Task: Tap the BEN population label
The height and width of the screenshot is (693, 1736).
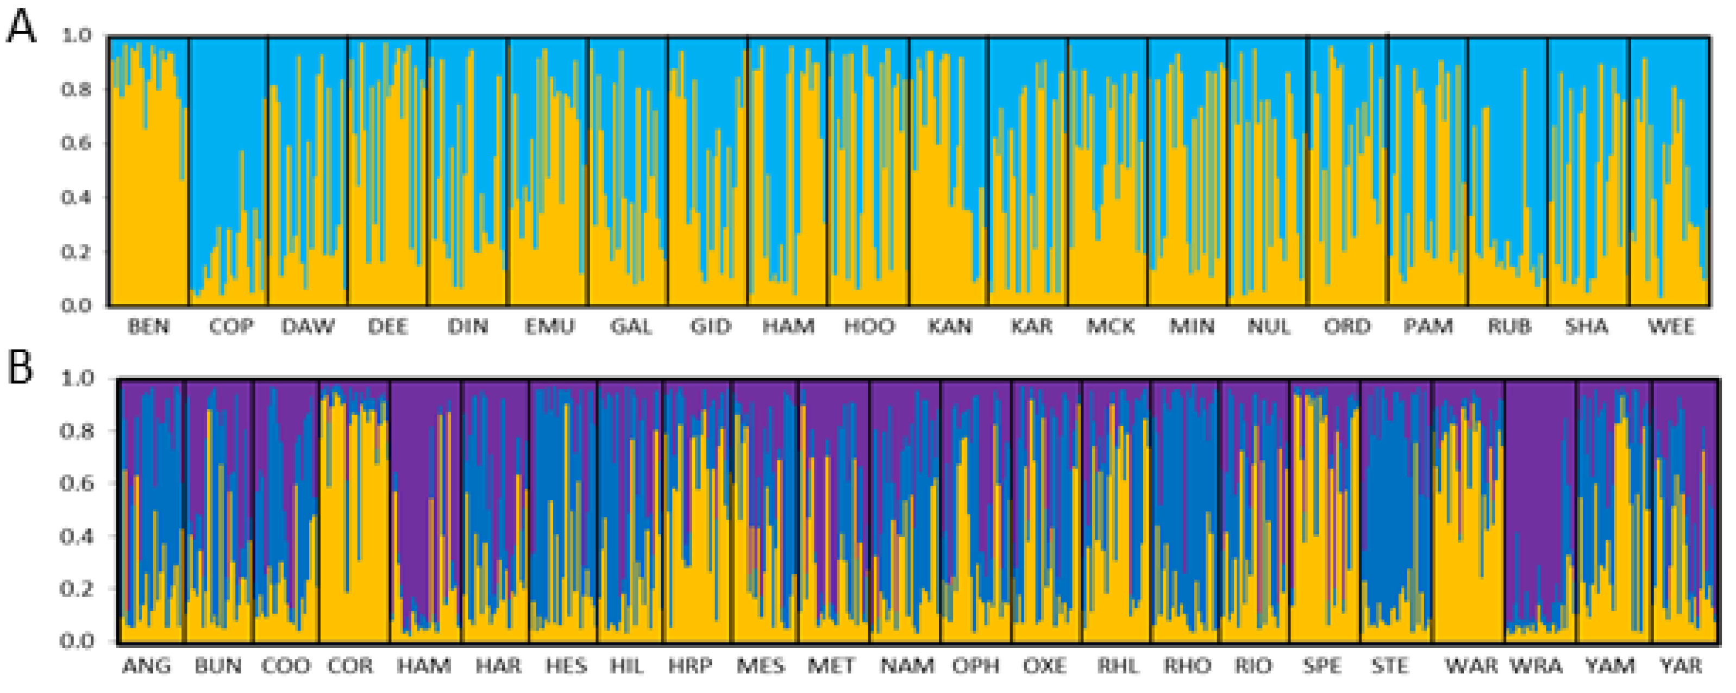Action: [x=149, y=327]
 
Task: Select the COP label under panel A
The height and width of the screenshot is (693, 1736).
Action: [x=231, y=327]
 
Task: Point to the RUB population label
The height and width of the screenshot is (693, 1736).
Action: [x=1509, y=327]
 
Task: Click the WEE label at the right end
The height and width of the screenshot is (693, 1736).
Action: [x=1671, y=327]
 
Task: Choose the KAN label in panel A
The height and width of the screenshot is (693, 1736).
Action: [x=950, y=327]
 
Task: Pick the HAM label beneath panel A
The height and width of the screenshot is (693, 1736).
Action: [x=788, y=327]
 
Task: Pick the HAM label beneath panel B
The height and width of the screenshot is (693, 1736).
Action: [x=424, y=666]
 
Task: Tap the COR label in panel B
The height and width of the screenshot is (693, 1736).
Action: [x=350, y=666]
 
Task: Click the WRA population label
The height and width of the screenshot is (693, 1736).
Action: [x=1535, y=666]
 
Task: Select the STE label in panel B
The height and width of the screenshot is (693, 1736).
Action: [x=1389, y=666]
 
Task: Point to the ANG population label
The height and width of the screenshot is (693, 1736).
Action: [x=146, y=666]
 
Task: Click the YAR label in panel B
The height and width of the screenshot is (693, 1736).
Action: [x=1681, y=666]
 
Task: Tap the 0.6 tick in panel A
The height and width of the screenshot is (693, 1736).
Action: [x=76, y=143]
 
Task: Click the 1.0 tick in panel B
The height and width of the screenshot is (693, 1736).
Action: [x=76, y=378]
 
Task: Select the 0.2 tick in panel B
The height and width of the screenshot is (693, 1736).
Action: [x=76, y=589]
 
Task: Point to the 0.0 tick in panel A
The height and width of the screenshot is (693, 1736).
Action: [x=76, y=306]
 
